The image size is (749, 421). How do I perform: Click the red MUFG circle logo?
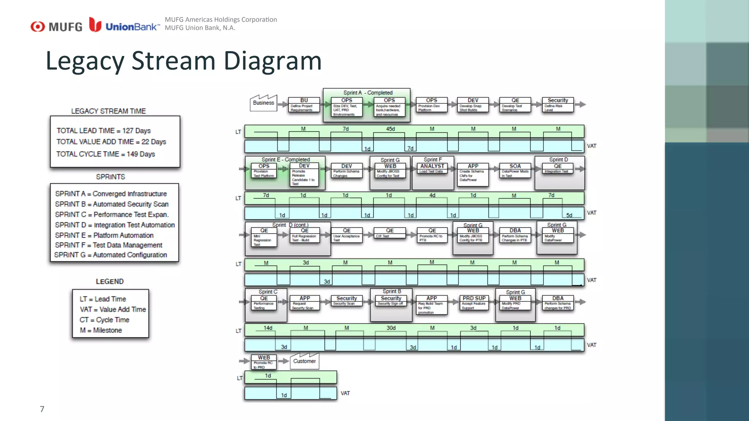[x=37, y=27]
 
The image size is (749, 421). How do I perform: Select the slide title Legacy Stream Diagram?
[x=183, y=61]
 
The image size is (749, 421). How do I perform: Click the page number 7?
[x=42, y=409]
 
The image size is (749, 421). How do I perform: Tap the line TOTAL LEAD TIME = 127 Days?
[x=103, y=130]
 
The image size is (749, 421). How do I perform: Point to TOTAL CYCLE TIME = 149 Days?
[x=105, y=154]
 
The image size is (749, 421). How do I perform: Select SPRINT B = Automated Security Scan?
[x=112, y=204]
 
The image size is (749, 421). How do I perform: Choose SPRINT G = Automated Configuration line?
[x=110, y=255]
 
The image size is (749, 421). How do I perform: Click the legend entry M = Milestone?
[x=101, y=330]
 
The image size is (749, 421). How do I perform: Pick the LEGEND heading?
[x=109, y=281]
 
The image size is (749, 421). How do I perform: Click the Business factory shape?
[x=263, y=103]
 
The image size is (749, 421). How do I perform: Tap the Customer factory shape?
[x=304, y=361]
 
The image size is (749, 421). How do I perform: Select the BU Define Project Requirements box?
[x=304, y=105]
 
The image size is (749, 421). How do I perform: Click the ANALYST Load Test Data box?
[x=432, y=169]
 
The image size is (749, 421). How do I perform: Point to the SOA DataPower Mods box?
[x=515, y=170]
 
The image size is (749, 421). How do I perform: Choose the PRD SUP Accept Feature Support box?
[x=474, y=303]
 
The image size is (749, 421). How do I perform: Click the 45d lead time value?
[x=390, y=129]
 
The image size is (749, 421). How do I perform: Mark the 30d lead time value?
[x=391, y=328]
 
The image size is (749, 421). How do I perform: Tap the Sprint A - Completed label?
[x=368, y=93]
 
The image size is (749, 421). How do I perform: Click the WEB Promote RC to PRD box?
[x=264, y=362]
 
